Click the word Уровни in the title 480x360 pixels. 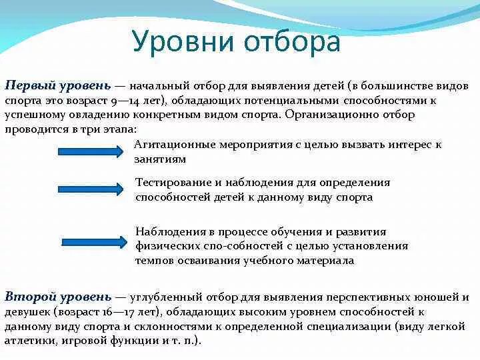(x=181, y=42)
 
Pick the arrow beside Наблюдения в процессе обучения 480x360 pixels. (x=93, y=241)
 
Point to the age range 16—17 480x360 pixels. (x=116, y=311)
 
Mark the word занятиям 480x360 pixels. (x=160, y=159)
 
